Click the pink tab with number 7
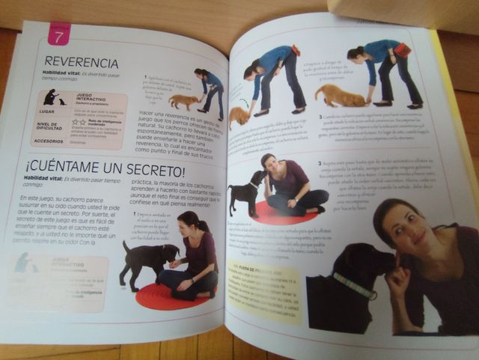coord(59,34)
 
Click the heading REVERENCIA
coord(82,61)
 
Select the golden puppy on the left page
coord(183,100)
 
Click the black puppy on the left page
coord(149,259)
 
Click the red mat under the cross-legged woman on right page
coord(284,213)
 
